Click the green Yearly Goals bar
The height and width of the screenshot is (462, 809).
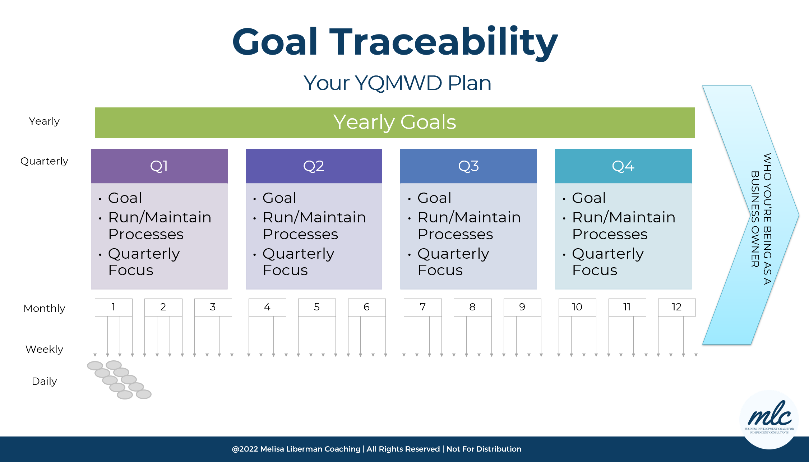point(394,123)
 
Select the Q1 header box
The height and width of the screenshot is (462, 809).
point(159,166)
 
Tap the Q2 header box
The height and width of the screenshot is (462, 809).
point(314,166)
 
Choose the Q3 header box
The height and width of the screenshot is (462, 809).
point(468,166)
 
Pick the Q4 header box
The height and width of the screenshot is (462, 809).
point(623,166)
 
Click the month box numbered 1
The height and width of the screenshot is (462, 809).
point(114,307)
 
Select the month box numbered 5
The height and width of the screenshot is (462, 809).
point(317,307)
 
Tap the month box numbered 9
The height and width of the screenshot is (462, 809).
point(522,307)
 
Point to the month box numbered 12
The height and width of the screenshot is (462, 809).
point(677,307)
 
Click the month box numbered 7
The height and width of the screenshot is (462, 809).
point(423,307)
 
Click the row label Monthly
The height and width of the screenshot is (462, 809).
point(44,308)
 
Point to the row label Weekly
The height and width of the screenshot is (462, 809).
point(44,349)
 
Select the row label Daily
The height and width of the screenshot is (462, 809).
point(44,381)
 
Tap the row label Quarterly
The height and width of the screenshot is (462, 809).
point(44,161)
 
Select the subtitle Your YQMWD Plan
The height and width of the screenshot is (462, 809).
point(397,83)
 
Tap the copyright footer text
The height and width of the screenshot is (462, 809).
point(376,449)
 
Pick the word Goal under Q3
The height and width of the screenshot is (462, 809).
point(434,198)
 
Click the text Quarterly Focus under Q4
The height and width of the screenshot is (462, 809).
point(608,262)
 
